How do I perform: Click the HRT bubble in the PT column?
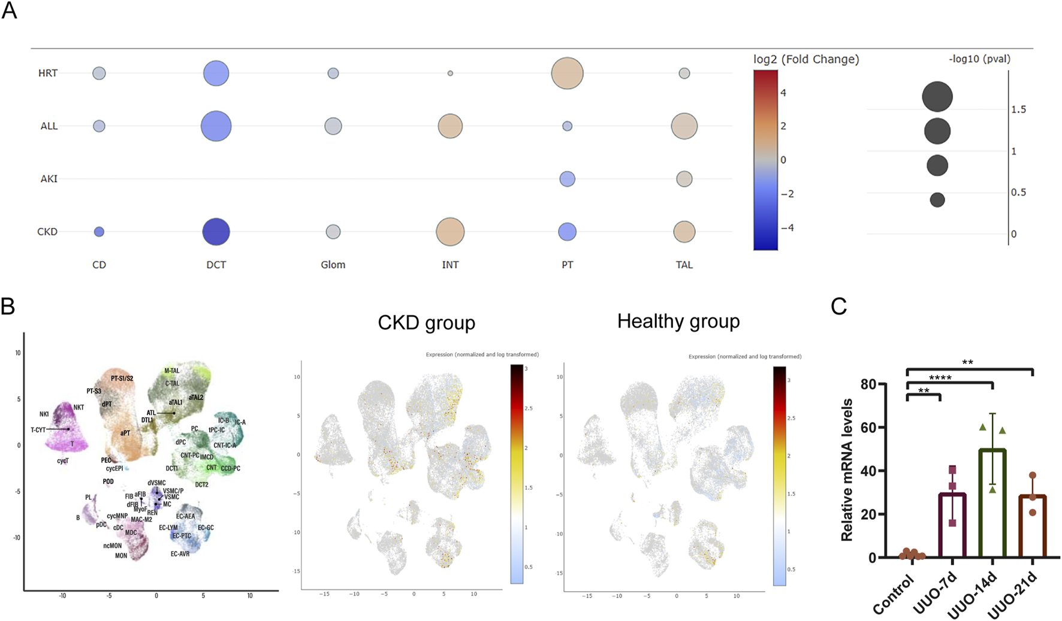point(567,74)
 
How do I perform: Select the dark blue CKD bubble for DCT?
point(216,232)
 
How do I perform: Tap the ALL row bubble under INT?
point(450,126)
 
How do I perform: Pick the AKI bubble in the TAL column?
point(684,178)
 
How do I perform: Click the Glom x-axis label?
point(333,265)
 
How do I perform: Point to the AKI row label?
point(49,178)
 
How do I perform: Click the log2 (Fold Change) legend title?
point(806,59)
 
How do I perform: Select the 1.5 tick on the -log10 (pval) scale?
point(1018,110)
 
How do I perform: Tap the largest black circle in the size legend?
point(937,97)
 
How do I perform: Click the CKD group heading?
point(426,323)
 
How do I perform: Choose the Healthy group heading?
point(678,322)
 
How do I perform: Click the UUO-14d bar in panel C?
point(992,503)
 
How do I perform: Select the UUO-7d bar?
point(952,525)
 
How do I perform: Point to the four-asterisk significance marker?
point(940,378)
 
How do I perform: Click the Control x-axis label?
point(893,595)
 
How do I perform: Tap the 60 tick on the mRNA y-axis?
point(868,428)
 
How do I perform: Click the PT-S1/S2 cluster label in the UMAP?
point(122,378)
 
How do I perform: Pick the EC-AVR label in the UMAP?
point(180,554)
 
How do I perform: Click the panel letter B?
point(8,306)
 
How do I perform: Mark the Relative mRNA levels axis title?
point(847,470)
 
